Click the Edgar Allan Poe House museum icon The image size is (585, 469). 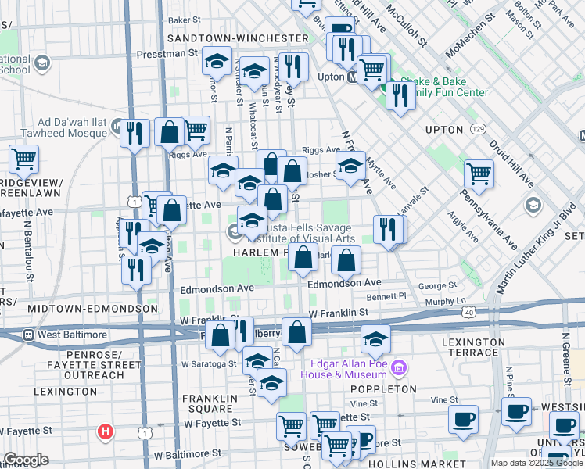point(399,367)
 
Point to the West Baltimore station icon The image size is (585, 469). point(29,335)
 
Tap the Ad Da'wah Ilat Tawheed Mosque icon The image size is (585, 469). point(117,127)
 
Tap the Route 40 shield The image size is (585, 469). point(467,312)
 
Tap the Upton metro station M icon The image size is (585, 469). point(353,77)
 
